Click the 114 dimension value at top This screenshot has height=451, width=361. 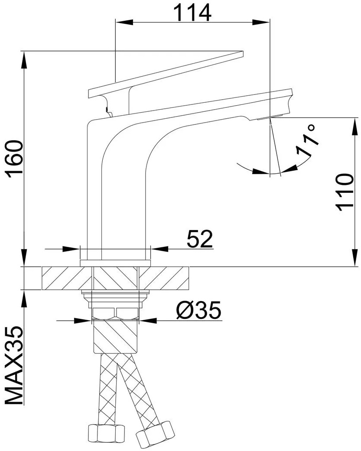click(x=192, y=13)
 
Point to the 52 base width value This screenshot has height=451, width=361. click(x=200, y=238)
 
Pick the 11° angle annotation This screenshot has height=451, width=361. click(x=307, y=140)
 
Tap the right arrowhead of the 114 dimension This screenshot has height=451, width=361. click(x=261, y=23)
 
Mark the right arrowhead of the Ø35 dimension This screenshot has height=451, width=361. click(x=148, y=320)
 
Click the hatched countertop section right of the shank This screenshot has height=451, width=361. click(x=164, y=278)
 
